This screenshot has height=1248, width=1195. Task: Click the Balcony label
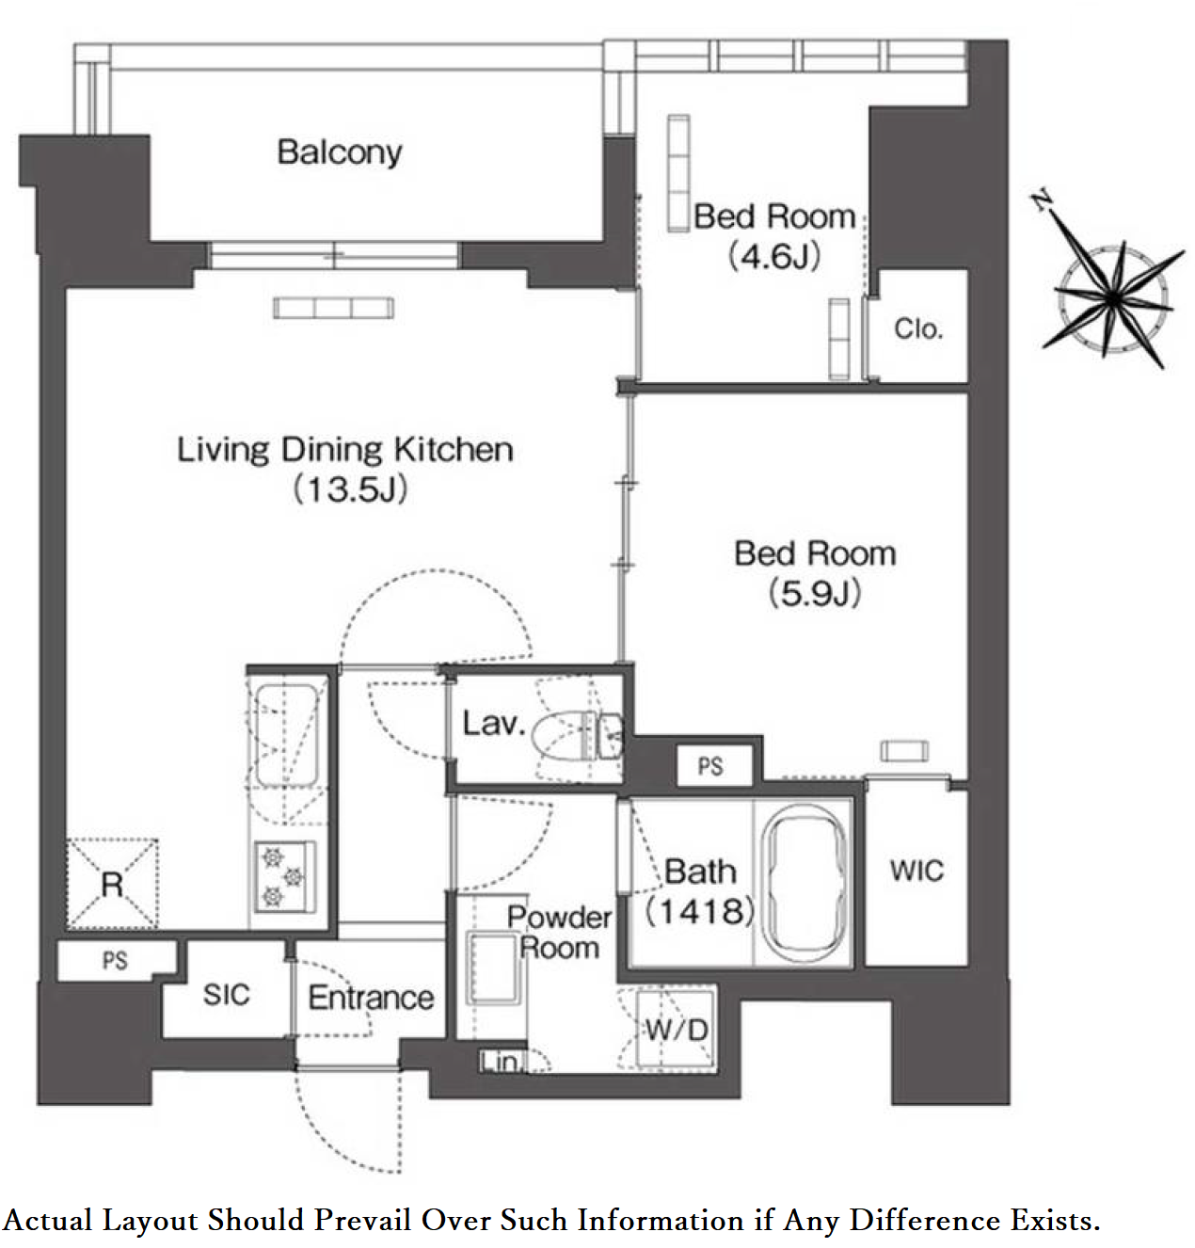coord(340,152)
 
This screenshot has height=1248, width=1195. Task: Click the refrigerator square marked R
coord(112,884)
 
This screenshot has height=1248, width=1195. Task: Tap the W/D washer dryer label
coord(677,1030)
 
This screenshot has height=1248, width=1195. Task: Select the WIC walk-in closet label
coord(916,871)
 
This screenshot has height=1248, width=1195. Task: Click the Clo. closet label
coord(918,329)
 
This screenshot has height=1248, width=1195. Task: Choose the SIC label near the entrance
coord(227,995)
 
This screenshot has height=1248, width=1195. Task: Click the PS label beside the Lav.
coord(710,766)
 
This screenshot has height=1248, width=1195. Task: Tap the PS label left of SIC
coord(116,960)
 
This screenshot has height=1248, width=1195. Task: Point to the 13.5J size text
coord(351,490)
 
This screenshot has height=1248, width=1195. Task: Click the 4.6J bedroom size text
coord(774,257)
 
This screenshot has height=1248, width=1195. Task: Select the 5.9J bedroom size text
coord(815,593)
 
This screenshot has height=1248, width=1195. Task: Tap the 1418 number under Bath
coord(699,911)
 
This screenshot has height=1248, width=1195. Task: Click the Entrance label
coord(371,998)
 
